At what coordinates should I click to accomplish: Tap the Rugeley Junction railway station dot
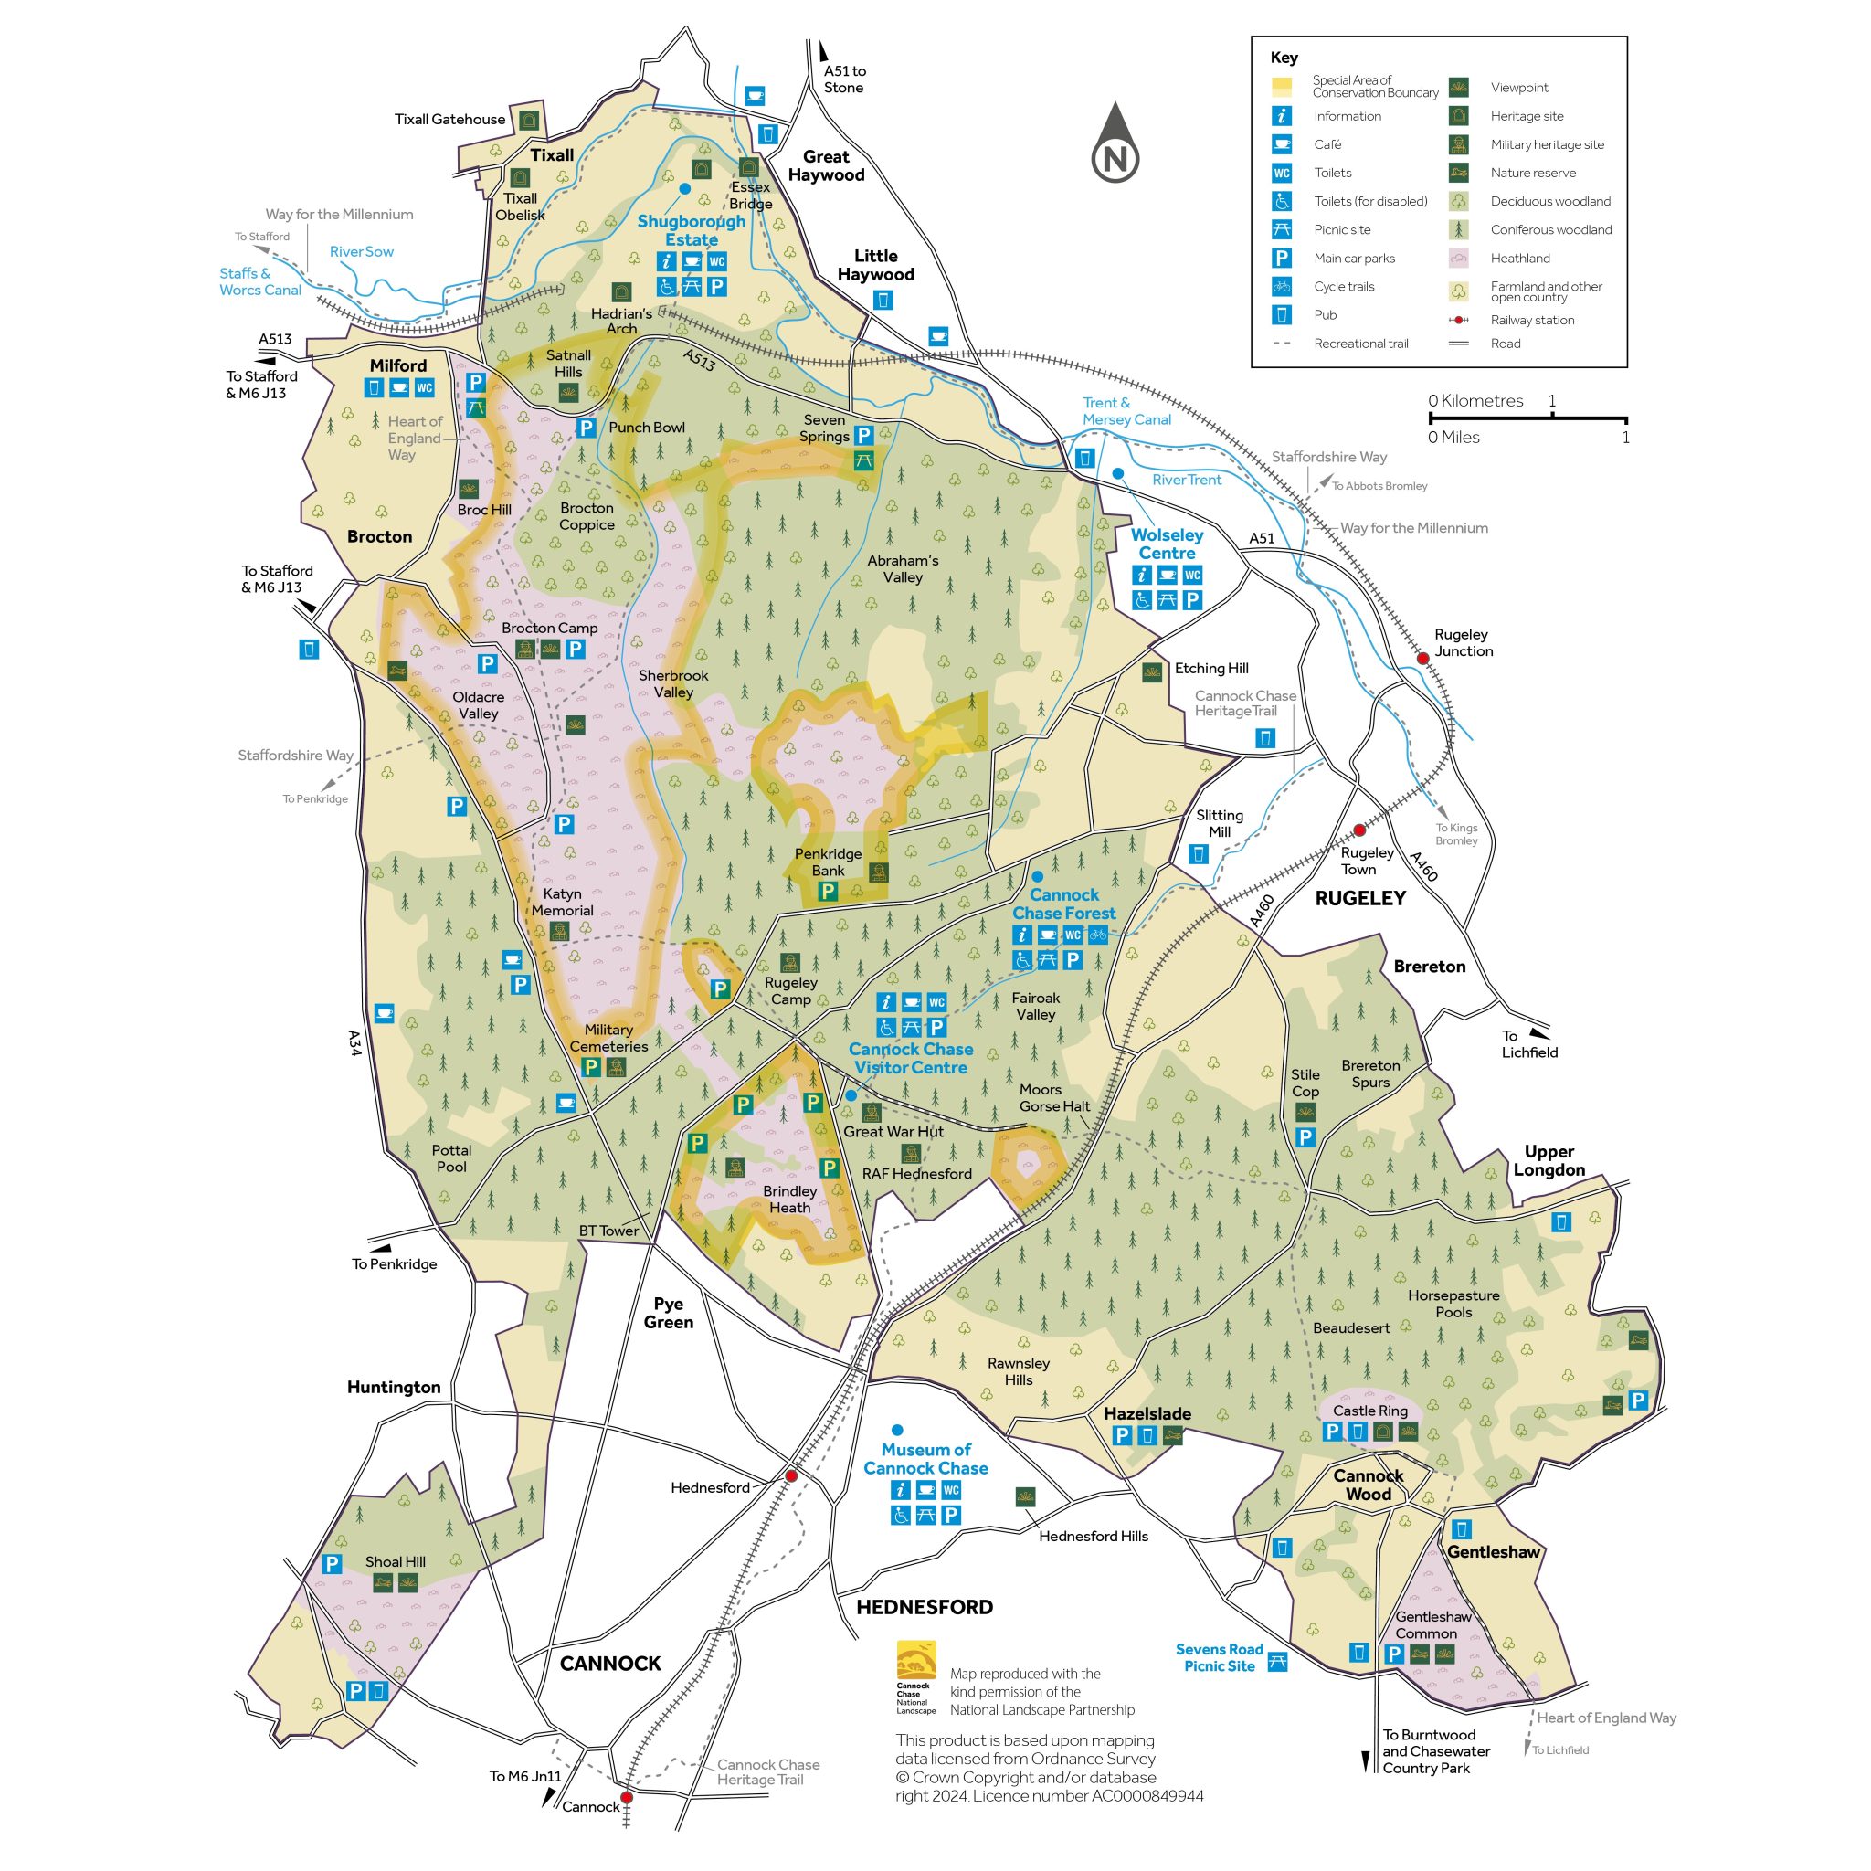1422,659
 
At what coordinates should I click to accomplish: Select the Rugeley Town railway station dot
1359,830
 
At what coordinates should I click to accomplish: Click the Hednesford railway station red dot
791,1476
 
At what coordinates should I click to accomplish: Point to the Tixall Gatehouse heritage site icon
529,120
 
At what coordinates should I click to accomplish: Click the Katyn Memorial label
562,902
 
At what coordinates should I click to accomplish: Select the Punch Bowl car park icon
586,427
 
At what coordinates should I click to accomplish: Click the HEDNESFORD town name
924,1607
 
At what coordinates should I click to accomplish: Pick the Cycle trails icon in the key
1281,287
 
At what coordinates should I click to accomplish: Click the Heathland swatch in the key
1458,259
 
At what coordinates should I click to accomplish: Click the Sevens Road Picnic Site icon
1277,1662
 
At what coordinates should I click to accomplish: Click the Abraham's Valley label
903,568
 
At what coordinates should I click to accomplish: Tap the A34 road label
354,1043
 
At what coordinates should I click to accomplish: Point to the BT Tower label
608,1231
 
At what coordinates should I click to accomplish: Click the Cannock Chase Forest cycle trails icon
1097,935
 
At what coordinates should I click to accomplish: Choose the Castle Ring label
1369,1411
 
